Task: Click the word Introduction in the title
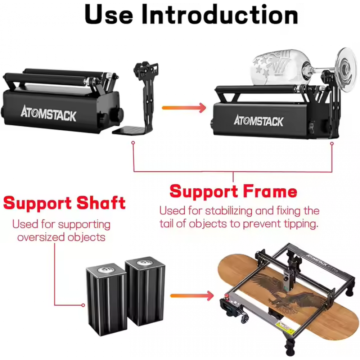click(220, 14)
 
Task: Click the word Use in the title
click(109, 14)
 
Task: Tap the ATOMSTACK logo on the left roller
click(49, 113)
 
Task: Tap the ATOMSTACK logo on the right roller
click(258, 121)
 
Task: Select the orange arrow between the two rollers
click(184, 108)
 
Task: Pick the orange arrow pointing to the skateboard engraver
click(192, 296)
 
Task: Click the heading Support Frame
click(233, 191)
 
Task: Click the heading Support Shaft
click(64, 203)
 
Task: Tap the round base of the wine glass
click(347, 67)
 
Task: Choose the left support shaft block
click(107, 300)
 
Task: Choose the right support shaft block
click(145, 291)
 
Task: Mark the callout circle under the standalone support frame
click(133, 143)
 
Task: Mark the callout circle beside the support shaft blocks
click(83, 305)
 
